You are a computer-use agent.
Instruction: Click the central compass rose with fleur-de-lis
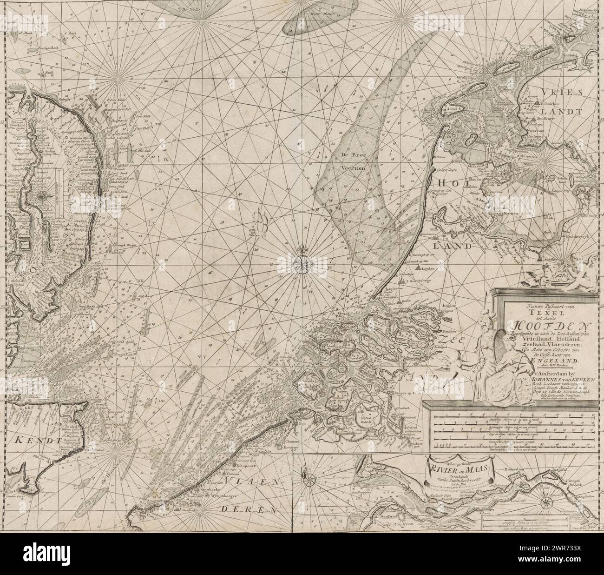302,263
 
